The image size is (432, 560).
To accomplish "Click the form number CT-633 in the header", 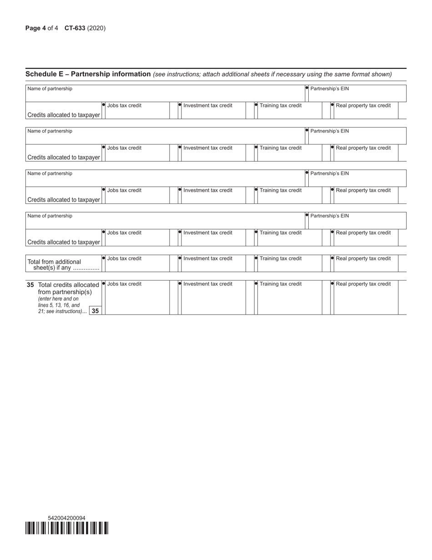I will point(75,28).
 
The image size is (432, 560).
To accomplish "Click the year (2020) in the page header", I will point(96,28).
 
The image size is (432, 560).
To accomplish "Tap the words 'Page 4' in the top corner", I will point(35,28).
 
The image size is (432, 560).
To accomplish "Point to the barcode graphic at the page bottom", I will point(67,528).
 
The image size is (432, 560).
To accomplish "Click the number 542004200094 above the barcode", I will point(66,518).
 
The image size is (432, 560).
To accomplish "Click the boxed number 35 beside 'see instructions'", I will point(95,311).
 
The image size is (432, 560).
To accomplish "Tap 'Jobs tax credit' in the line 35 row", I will point(124,284).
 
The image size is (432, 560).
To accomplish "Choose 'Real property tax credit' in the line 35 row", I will point(363,284).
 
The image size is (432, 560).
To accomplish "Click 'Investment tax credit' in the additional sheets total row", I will point(208,259).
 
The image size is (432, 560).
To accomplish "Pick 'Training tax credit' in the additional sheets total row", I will point(281,259).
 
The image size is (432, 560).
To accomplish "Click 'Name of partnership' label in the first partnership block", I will point(50,89).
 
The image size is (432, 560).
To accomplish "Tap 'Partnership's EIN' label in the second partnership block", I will point(329,131).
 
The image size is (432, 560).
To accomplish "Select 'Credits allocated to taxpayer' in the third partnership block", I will point(64,200).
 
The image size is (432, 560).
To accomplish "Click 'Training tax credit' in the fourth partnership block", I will point(281,233).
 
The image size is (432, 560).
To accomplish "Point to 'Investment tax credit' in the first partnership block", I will point(208,106).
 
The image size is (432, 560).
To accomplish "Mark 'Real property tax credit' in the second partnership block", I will point(363,148).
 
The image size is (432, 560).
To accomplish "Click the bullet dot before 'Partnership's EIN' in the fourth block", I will point(307,215).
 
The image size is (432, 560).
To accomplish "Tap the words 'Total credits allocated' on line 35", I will point(69,285).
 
